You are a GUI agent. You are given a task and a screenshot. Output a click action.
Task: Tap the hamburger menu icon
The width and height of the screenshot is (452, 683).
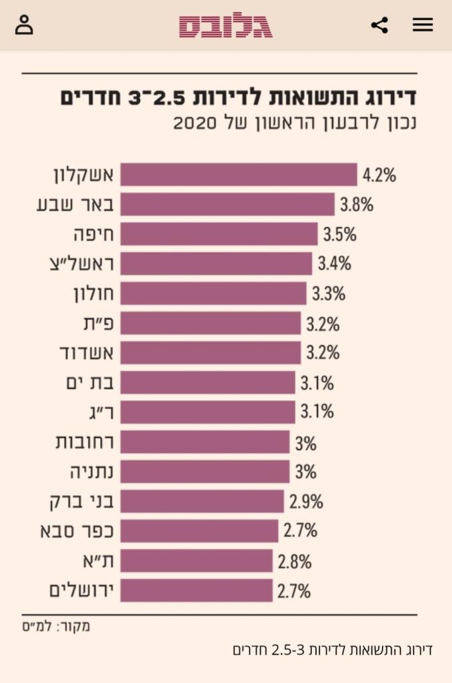tap(423, 25)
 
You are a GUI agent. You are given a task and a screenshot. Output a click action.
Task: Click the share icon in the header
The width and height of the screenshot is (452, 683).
tap(379, 25)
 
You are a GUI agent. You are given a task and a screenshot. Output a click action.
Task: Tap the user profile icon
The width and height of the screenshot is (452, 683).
tap(24, 25)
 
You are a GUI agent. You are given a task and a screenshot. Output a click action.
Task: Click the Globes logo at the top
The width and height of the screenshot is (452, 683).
tap(225, 26)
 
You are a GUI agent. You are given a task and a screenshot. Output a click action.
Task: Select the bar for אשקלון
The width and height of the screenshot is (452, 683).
tap(239, 175)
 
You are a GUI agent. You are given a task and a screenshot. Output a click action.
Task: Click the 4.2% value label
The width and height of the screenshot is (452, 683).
tap(379, 175)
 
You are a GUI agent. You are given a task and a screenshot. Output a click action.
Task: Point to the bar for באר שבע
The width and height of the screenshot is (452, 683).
tap(227, 205)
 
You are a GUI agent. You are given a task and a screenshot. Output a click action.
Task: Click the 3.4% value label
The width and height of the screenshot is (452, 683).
tap(334, 263)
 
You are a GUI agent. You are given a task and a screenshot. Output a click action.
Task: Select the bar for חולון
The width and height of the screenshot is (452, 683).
tap(213, 293)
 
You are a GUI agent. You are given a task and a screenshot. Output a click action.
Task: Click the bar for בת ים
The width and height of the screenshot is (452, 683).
tap(208, 383)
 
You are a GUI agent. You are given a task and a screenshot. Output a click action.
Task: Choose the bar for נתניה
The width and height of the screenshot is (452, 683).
tap(205, 472)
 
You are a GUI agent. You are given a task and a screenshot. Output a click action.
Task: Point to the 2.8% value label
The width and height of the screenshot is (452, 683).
tap(295, 561)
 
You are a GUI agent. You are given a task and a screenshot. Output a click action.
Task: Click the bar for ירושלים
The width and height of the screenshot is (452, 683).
tap(197, 590)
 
